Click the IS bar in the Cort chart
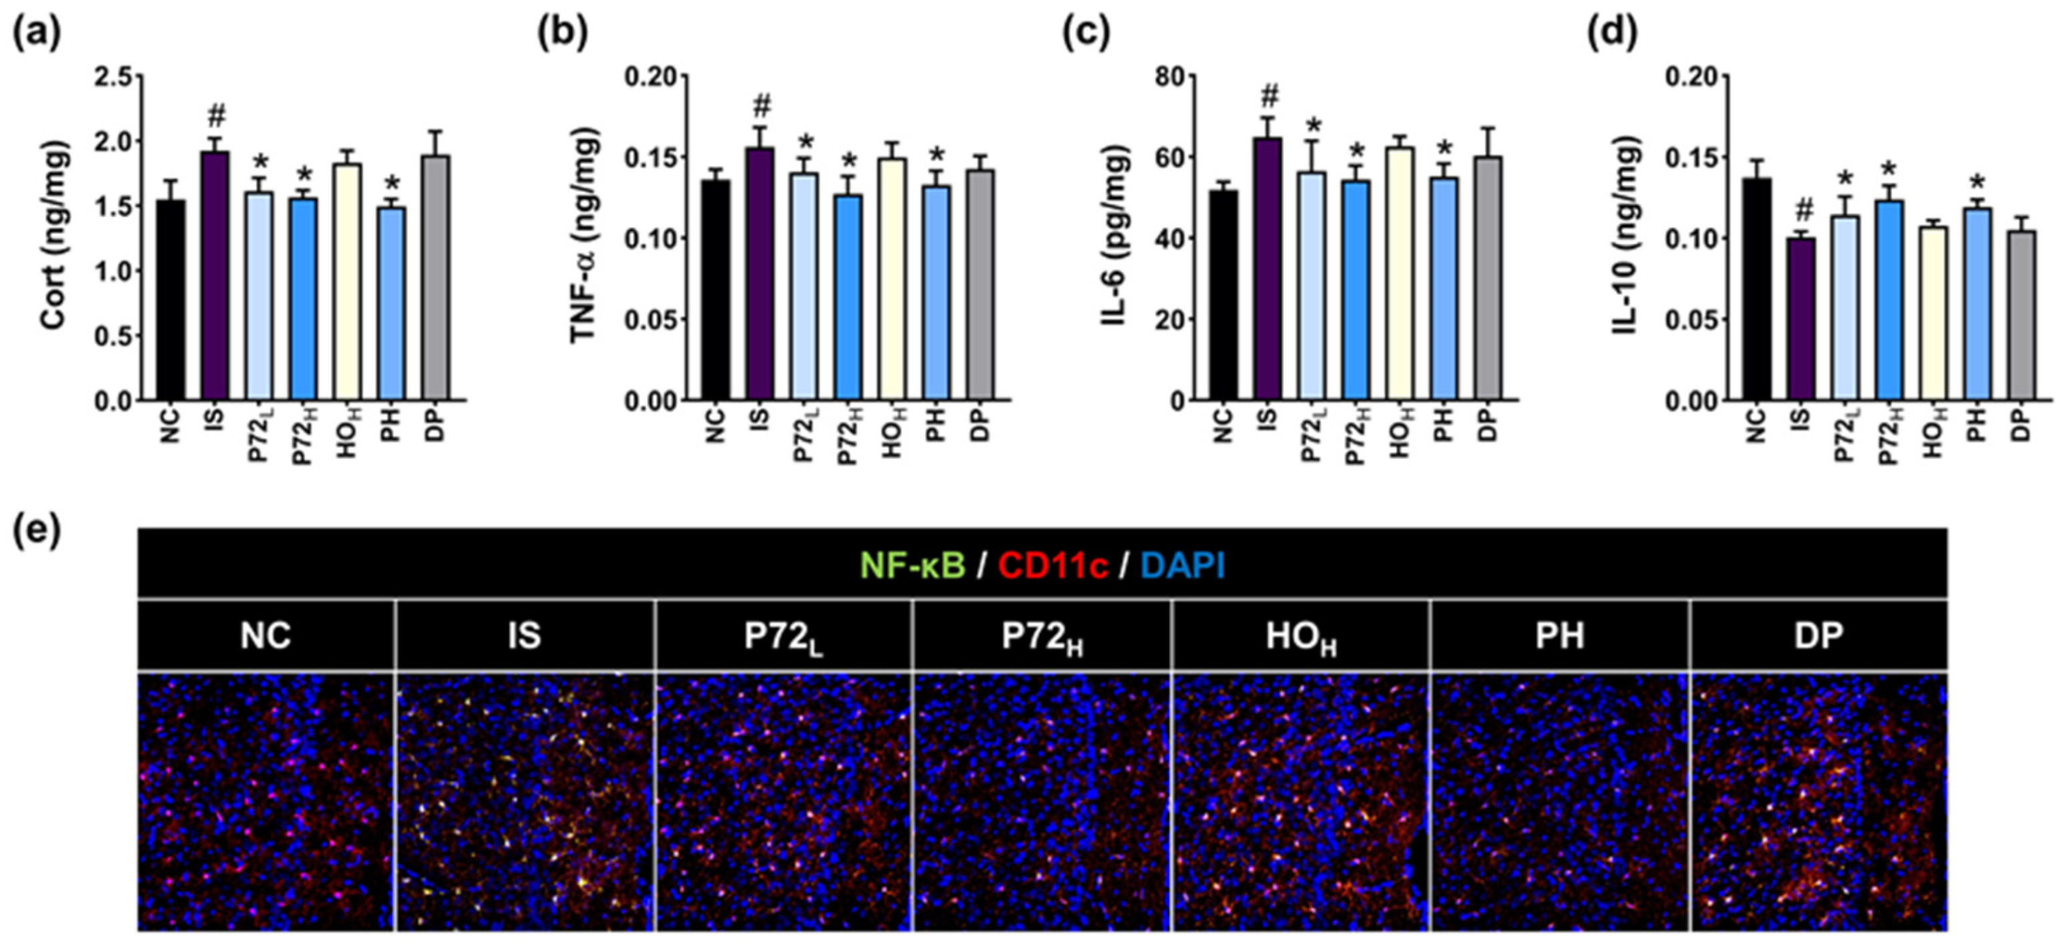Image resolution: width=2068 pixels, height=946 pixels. click(215, 276)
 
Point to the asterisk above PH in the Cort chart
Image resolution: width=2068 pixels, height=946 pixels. click(392, 184)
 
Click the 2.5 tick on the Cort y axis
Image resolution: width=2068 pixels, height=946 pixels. click(113, 77)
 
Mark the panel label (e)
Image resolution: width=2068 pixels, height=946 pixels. click(37, 531)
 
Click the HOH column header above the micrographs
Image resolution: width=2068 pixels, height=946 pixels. click(1300, 636)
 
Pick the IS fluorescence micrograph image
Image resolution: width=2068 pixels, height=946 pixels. click(525, 802)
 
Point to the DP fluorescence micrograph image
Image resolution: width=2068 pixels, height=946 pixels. click(1818, 802)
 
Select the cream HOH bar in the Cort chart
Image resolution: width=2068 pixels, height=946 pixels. click(347, 282)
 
